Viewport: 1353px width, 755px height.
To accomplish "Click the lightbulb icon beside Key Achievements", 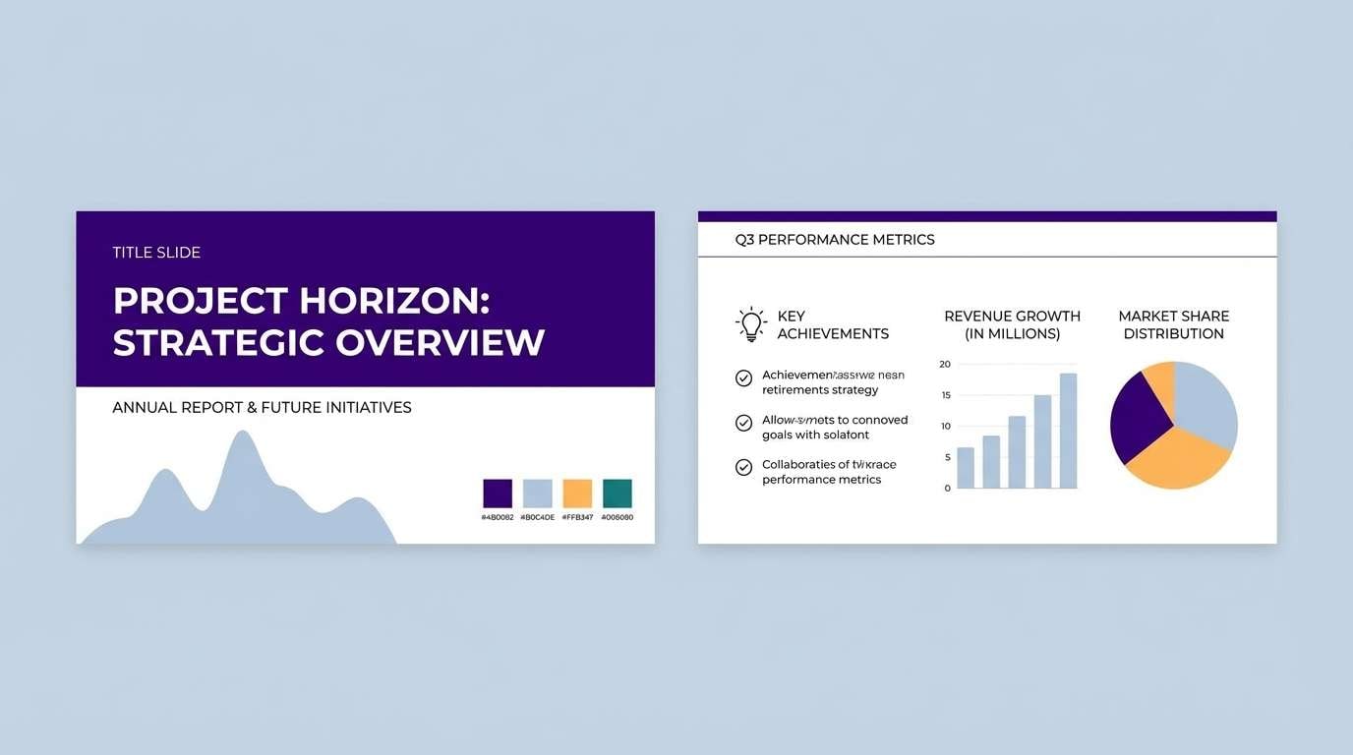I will pyautogui.click(x=751, y=324).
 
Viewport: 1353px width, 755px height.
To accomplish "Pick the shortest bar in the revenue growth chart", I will pyautogui.click(x=966, y=468).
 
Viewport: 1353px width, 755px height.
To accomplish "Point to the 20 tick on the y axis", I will pyautogui.click(x=945, y=364).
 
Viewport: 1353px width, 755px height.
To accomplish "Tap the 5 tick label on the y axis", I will pyautogui.click(x=947, y=457).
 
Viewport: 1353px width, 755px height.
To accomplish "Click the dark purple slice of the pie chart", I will pyautogui.click(x=1137, y=421).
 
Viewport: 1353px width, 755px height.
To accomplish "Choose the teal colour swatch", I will pyautogui.click(x=617, y=494).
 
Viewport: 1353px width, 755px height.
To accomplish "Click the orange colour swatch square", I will pyautogui.click(x=577, y=494).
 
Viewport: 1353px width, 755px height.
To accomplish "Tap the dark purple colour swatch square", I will pyautogui.click(x=498, y=494).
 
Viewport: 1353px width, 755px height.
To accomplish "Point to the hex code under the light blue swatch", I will pyautogui.click(x=537, y=517).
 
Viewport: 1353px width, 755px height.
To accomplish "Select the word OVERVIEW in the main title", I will pyautogui.click(x=440, y=343).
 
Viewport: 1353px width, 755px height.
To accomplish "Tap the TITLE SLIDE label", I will pyautogui.click(x=156, y=253).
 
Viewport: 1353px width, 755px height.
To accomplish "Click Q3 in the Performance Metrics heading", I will pyautogui.click(x=744, y=240).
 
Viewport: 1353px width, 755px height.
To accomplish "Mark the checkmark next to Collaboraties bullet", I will pyautogui.click(x=743, y=468).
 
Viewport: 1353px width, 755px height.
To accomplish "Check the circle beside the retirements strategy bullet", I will pyautogui.click(x=743, y=378).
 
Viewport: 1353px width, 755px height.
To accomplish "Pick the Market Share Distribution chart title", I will pyautogui.click(x=1173, y=324).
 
